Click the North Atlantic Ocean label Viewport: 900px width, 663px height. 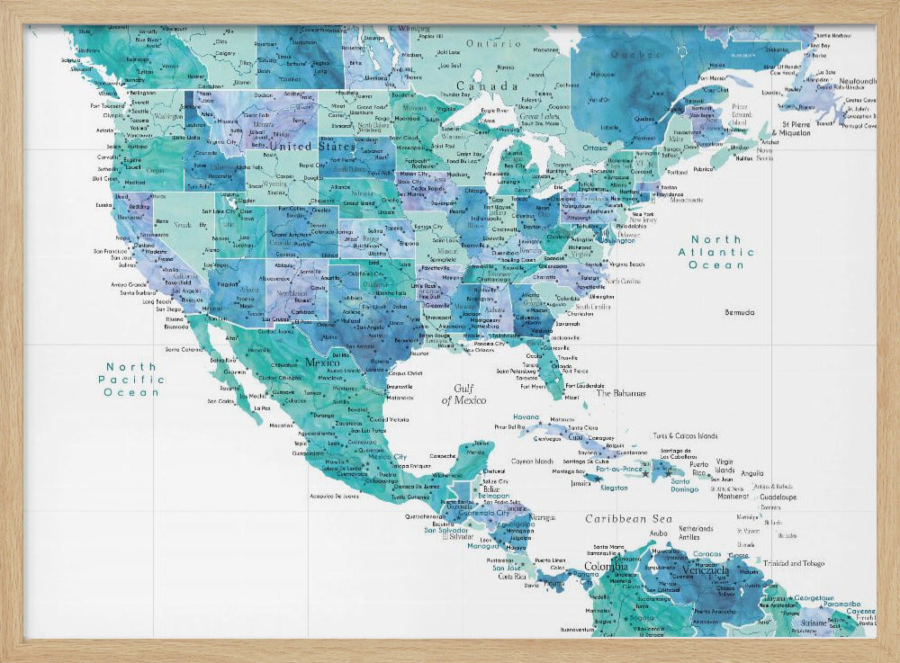[716, 252]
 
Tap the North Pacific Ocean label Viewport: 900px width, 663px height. [131, 379]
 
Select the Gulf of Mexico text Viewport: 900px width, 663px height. [463, 393]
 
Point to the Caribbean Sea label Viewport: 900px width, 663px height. [629, 519]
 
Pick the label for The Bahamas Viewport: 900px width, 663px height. [621, 393]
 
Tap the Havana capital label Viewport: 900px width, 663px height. [526, 417]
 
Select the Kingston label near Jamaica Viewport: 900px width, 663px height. [614, 488]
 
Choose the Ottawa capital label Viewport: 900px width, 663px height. [595, 148]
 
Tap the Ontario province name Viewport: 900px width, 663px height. [492, 43]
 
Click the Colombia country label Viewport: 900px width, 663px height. [607, 567]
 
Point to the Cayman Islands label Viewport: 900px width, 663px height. [531, 461]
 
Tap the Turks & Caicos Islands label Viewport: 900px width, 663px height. [691, 435]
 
